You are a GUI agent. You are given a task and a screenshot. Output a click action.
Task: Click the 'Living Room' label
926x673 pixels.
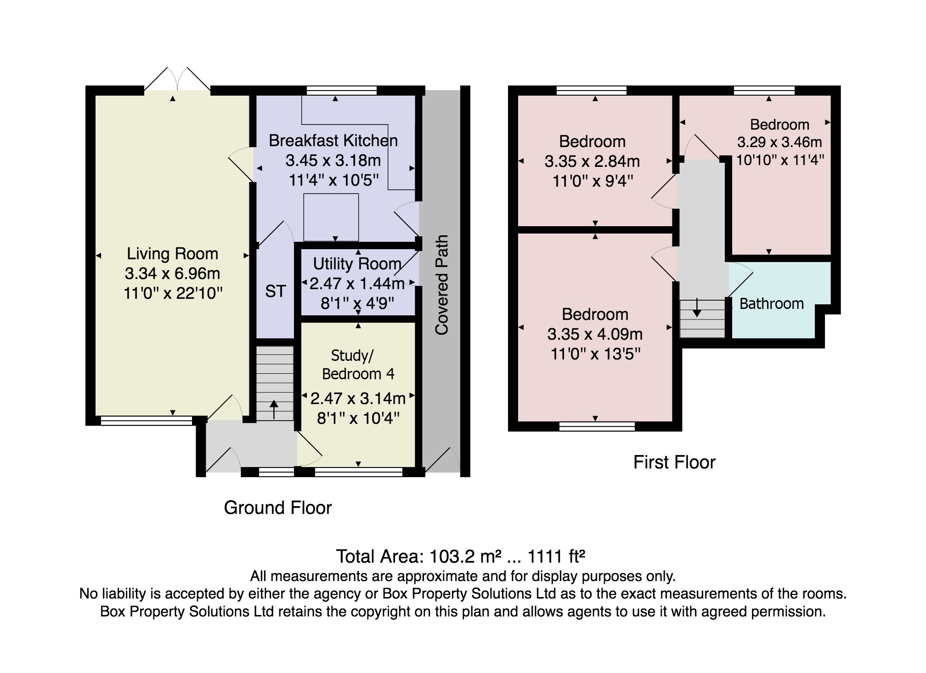pyautogui.click(x=172, y=254)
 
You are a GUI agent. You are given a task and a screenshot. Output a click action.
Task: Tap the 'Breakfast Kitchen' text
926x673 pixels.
pyautogui.click(x=333, y=141)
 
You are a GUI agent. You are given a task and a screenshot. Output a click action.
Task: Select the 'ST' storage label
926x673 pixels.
pyautogui.click(x=275, y=291)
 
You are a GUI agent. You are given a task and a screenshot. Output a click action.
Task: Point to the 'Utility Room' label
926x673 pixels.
pyautogui.click(x=357, y=264)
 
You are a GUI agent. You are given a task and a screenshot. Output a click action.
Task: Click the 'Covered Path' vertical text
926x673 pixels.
pyautogui.click(x=441, y=285)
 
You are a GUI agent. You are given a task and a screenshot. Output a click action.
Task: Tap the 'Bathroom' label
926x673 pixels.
pyautogui.click(x=772, y=304)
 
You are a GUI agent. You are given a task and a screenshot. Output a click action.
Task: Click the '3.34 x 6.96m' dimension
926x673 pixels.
pyautogui.click(x=172, y=274)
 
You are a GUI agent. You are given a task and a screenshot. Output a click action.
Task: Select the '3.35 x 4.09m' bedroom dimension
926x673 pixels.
pyautogui.click(x=595, y=334)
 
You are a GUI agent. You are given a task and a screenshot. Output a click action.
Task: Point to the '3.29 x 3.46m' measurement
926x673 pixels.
pyautogui.click(x=779, y=142)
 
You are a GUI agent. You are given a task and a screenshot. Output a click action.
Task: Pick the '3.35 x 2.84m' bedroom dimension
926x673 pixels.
pyautogui.click(x=592, y=161)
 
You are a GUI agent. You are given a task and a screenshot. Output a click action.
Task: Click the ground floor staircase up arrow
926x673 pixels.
pyautogui.click(x=274, y=409)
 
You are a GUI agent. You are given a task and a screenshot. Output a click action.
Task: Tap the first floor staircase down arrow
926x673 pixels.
pyautogui.click(x=697, y=308)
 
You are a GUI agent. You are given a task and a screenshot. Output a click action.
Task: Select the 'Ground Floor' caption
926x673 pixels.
pyautogui.click(x=277, y=508)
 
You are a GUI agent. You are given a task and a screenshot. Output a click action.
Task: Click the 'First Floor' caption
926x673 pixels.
pyautogui.click(x=674, y=462)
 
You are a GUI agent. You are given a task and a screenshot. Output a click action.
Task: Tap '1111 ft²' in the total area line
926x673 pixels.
pyautogui.click(x=556, y=557)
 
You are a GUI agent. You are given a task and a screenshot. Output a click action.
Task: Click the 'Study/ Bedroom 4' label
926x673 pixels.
pyautogui.click(x=358, y=365)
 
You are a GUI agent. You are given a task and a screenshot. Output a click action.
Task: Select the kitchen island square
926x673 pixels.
pyautogui.click(x=331, y=217)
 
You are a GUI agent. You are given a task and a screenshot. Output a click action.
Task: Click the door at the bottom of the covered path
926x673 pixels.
pyautogui.click(x=442, y=460)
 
